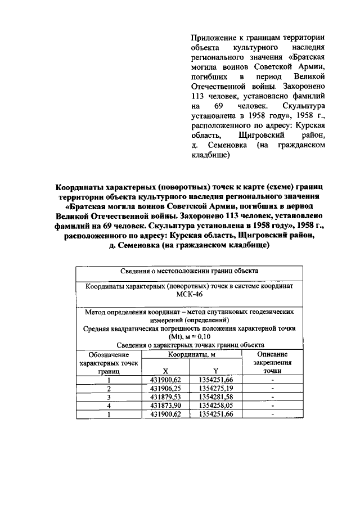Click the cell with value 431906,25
[x=165, y=388]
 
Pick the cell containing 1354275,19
[x=215, y=388]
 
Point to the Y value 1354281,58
[x=215, y=397]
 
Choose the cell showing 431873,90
[x=165, y=405]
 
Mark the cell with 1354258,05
[x=215, y=405]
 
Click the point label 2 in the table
[x=110, y=388]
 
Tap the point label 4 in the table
[x=110, y=405]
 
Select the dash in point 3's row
[x=272, y=397]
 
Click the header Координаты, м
[x=190, y=354]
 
